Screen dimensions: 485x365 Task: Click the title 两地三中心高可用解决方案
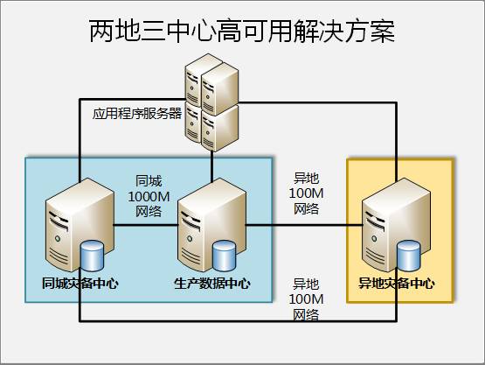coord(242,31)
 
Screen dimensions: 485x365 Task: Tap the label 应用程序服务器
coord(137,114)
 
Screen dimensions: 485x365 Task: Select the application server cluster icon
coord(211,102)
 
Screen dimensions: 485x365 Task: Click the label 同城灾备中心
coord(80,284)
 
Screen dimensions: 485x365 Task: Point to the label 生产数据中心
coord(212,284)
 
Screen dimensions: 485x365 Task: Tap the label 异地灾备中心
coord(397,284)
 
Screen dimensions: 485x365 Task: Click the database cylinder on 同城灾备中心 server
coord(92,256)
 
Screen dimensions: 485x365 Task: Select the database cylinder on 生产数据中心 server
coord(224,256)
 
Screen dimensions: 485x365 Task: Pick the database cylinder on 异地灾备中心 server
coord(409,256)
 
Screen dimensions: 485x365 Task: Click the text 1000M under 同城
coord(149,196)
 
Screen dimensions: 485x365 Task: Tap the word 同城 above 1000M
coord(149,181)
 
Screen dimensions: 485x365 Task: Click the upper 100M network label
coord(306,193)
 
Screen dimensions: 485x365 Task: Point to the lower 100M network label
coord(306,299)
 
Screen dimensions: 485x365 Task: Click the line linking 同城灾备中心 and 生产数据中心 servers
coord(146,225)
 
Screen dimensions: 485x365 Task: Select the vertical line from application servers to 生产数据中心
coord(211,166)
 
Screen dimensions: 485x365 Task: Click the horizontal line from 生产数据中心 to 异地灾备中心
coord(304,225)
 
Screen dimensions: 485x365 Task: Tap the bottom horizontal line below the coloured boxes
coord(238,321)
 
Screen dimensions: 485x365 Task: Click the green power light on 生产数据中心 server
coord(190,239)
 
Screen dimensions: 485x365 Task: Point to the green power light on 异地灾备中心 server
coord(374,239)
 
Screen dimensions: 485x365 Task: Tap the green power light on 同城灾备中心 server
coord(57,239)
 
